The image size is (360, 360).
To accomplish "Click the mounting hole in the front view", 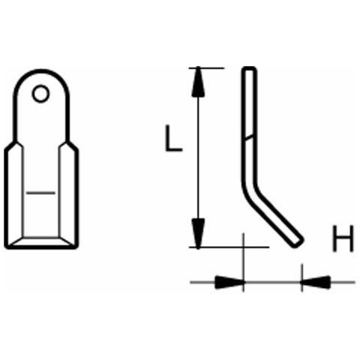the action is coord(40,94).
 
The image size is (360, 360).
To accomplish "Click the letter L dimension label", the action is coord(174,139).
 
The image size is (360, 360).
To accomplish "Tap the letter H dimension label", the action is coord(343,238).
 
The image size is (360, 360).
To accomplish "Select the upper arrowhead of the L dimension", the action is coord(198,82).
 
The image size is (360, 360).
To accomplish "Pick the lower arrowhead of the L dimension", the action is coord(198,233).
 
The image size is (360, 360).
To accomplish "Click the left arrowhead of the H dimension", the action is coord(229,282).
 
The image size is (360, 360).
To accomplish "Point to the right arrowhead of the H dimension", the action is coord(316,282).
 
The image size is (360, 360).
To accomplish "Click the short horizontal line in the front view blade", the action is coord(40,193).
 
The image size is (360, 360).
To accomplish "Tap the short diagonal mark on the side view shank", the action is coord(249,138).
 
